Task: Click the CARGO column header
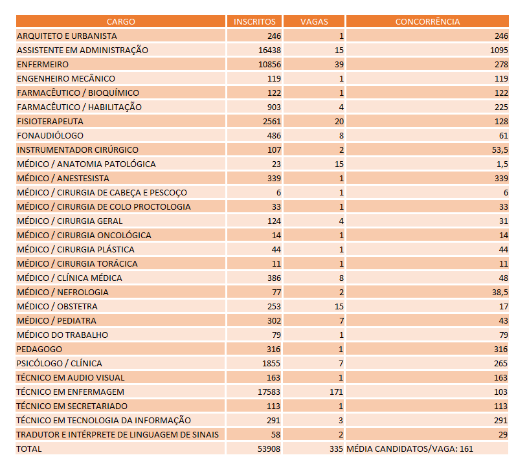coord(120,21)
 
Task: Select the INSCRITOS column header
coord(254,21)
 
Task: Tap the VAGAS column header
coord(314,21)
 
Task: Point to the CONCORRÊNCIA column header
coord(427,21)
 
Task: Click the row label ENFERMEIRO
coord(43,64)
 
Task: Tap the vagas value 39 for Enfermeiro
coord(339,64)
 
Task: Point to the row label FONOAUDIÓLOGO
coord(50,135)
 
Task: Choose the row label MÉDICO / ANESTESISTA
coord(63,178)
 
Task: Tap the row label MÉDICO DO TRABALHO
coord(62,335)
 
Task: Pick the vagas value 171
coord(337,392)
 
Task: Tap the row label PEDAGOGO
coord(39,349)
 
